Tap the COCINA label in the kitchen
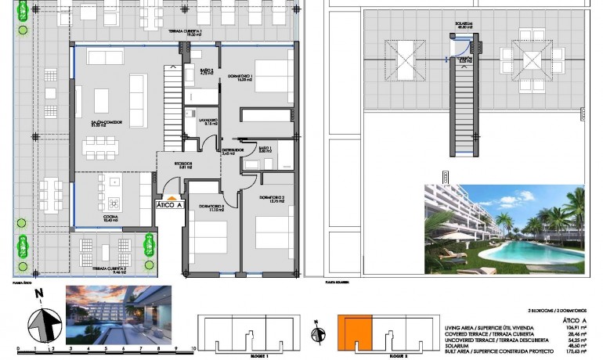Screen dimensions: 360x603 111,218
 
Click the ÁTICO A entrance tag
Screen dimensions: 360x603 169,205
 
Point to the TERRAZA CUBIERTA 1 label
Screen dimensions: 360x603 185,32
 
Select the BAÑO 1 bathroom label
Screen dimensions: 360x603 265,150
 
